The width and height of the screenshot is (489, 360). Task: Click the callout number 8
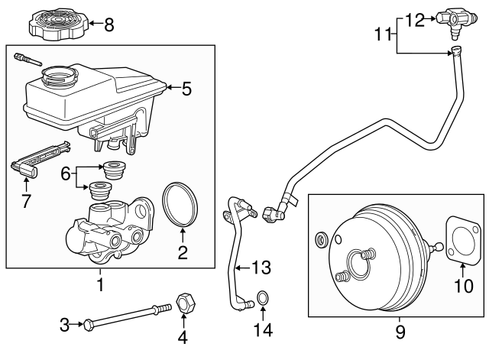pyautogui.click(x=108, y=25)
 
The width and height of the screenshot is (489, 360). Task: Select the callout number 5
pyautogui.click(x=187, y=89)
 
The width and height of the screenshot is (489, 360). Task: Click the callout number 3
pyautogui.click(x=65, y=326)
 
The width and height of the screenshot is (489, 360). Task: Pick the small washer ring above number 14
pyautogui.click(x=261, y=297)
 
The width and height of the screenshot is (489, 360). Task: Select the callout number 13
pyautogui.click(x=262, y=267)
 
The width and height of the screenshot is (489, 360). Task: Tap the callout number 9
pyautogui.click(x=400, y=332)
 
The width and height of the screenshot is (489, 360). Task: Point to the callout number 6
pyautogui.click(x=65, y=174)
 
